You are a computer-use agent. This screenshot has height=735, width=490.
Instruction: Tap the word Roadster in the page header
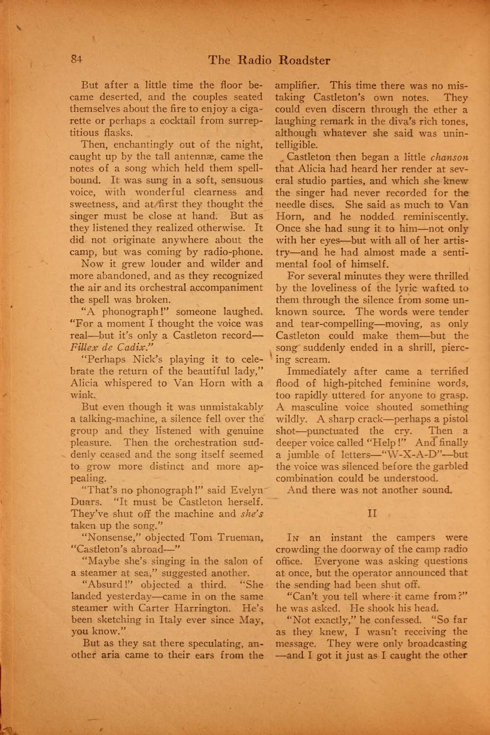pyautogui.click(x=304, y=61)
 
